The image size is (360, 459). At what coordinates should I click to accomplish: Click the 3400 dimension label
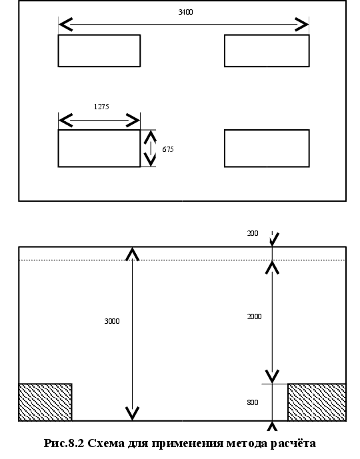(x=185, y=12)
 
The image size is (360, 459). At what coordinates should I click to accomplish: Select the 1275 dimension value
(x=101, y=107)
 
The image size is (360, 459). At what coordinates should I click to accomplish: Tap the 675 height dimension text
(x=168, y=149)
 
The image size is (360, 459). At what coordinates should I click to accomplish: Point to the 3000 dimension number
(x=112, y=321)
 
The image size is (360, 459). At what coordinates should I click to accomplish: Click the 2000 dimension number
(x=254, y=316)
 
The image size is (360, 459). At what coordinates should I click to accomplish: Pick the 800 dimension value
(x=253, y=402)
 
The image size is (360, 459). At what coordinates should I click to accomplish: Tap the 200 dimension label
(x=253, y=233)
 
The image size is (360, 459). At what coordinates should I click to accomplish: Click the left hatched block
(x=45, y=402)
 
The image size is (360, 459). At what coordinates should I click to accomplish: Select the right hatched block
(x=317, y=402)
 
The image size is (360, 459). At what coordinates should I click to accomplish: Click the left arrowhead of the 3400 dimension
(x=65, y=24)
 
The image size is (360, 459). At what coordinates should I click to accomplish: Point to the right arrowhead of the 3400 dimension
(x=302, y=24)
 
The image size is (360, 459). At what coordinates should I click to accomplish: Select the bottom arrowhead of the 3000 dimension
(x=133, y=413)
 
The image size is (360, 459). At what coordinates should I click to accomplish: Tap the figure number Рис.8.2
(x=64, y=444)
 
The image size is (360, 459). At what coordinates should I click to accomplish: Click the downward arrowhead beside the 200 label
(x=273, y=239)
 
